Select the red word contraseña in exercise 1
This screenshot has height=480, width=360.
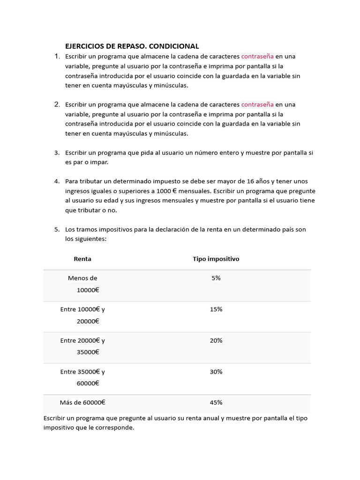point(257,56)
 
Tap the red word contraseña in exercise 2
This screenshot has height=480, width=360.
point(257,104)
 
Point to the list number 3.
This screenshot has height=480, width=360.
point(57,152)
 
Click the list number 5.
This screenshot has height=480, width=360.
point(57,229)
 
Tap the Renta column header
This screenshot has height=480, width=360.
point(82,259)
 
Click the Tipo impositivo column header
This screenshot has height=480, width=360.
point(216,259)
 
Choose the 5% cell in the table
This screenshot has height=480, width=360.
point(216,278)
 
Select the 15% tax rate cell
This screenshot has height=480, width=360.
point(216,309)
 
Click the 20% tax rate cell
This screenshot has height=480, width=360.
point(216,340)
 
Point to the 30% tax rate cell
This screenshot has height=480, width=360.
point(216,372)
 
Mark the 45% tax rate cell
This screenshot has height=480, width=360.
point(216,402)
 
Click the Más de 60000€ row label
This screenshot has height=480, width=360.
point(82,402)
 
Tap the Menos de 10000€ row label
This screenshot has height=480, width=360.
point(83,284)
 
